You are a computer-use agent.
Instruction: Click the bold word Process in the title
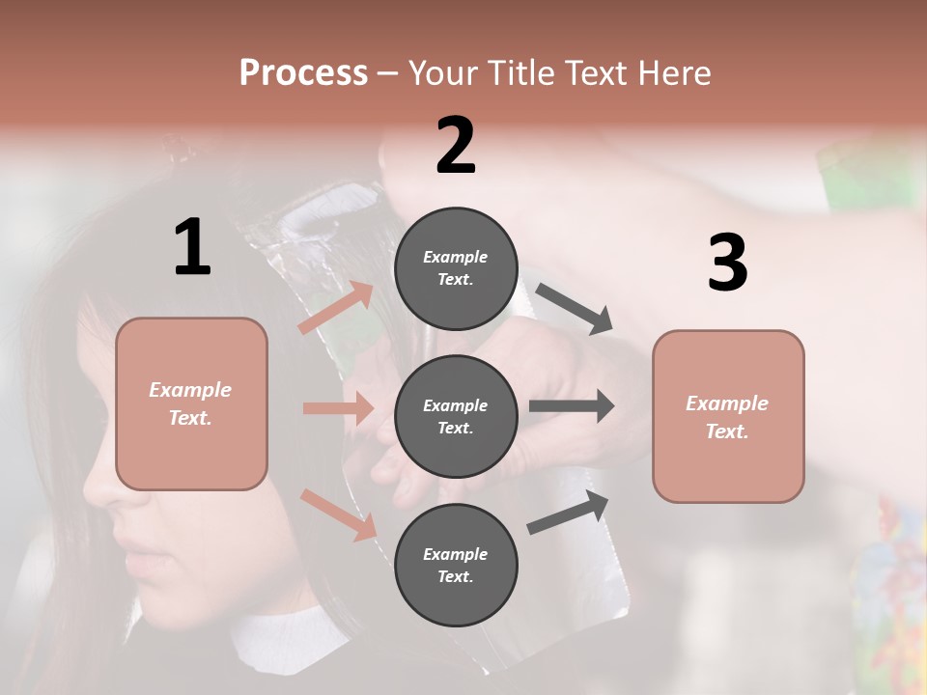pyautogui.click(x=303, y=72)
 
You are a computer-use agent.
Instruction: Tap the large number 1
pyautogui.click(x=192, y=248)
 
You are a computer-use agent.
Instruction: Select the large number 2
pyautogui.click(x=456, y=146)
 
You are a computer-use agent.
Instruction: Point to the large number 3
pyautogui.click(x=727, y=264)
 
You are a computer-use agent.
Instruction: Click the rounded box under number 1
pyautogui.click(x=191, y=403)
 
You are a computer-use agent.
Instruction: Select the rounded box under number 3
pyautogui.click(x=728, y=416)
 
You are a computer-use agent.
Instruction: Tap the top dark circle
pyautogui.click(x=456, y=268)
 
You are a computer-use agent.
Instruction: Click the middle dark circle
pyautogui.click(x=456, y=416)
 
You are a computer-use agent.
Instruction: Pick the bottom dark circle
pyautogui.click(x=456, y=565)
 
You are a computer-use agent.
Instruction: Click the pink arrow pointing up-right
pyautogui.click(x=336, y=308)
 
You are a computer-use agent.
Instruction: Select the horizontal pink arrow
pyautogui.click(x=338, y=408)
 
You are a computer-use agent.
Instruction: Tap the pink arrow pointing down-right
pyautogui.click(x=338, y=514)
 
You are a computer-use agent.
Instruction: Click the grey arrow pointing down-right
pyautogui.click(x=574, y=309)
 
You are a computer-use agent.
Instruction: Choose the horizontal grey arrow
pyautogui.click(x=571, y=405)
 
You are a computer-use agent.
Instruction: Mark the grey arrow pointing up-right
pyautogui.click(x=569, y=513)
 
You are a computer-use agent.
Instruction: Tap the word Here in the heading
pyautogui.click(x=672, y=72)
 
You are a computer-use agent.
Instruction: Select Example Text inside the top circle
pyautogui.click(x=456, y=268)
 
